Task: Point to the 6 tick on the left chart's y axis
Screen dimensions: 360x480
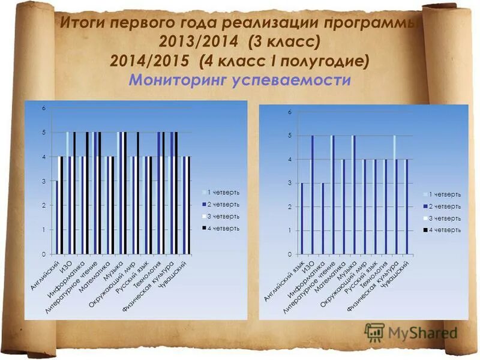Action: [x=43, y=108]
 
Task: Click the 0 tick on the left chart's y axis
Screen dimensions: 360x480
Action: [x=43, y=254]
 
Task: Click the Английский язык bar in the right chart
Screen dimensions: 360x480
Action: [x=302, y=218]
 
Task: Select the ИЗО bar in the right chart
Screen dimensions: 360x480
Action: [x=312, y=195]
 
